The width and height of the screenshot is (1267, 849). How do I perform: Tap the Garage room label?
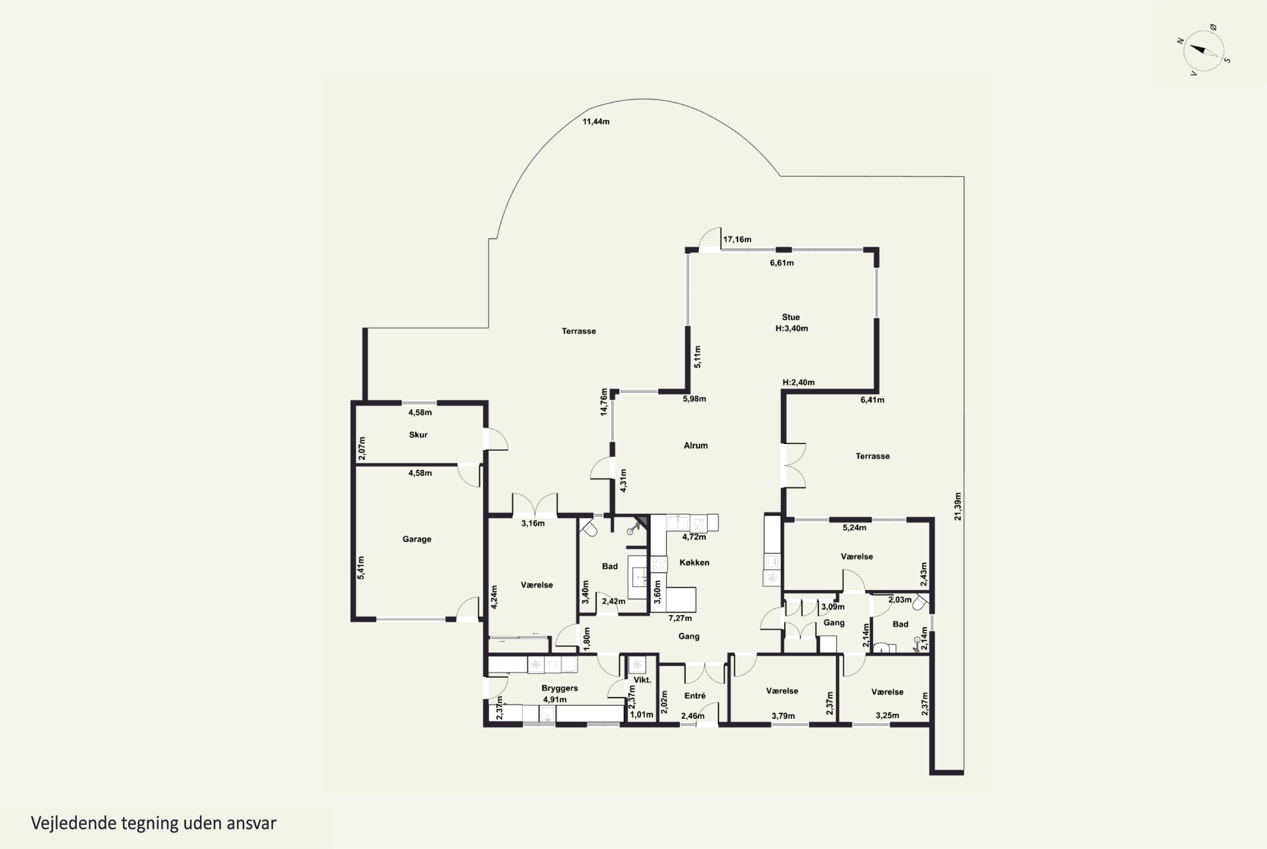(417, 539)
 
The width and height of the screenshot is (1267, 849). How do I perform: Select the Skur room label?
(418, 434)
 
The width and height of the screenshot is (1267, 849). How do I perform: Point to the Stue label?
(790, 317)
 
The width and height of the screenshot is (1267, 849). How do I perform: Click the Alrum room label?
(695, 445)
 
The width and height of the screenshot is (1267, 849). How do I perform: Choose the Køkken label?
(694, 562)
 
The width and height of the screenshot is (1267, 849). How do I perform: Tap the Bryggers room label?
(559, 687)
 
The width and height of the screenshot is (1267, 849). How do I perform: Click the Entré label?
(695, 695)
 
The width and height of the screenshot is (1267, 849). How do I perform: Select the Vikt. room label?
(642, 679)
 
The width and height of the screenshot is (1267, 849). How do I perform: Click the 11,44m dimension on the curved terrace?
(596, 121)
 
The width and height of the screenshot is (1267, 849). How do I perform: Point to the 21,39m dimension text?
(958, 506)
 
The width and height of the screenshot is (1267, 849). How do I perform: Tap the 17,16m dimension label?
(737, 239)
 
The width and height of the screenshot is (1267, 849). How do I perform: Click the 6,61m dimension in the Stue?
(782, 263)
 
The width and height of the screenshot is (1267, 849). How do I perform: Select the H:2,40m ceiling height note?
(798, 382)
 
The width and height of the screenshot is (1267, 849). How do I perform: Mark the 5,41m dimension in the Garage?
(361, 567)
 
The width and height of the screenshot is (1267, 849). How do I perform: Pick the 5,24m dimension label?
(854, 527)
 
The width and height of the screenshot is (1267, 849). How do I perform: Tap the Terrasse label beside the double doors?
(872, 456)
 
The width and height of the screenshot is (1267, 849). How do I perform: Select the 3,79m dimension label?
(783, 716)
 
